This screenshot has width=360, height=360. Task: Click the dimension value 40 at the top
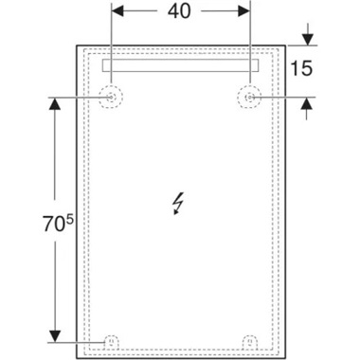[180, 13]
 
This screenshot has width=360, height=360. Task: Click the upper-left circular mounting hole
[111, 97]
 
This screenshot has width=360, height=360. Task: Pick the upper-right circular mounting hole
[249, 97]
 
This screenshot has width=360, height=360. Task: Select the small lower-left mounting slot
[111, 338]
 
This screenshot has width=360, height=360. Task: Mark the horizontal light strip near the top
[180, 67]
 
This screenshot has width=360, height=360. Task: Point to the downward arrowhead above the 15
[306, 37]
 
